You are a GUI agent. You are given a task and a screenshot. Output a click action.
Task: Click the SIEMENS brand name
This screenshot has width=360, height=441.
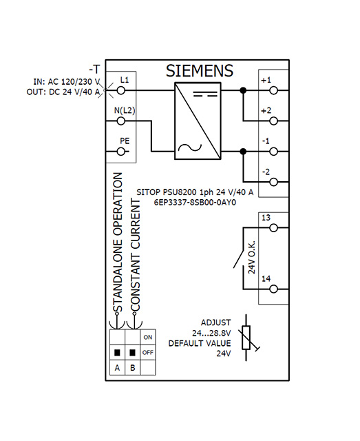199,70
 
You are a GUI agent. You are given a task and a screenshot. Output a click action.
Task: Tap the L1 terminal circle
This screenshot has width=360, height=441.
121,90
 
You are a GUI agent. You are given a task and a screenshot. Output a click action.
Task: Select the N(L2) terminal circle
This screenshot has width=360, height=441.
121,121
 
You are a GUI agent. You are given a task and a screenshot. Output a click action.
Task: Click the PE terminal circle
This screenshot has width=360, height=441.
121,152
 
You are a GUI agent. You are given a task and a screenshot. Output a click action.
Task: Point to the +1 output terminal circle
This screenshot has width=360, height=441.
273,90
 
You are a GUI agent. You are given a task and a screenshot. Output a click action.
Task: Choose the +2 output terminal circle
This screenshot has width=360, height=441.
273,121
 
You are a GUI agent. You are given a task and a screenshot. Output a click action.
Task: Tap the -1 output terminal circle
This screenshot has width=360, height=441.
273,152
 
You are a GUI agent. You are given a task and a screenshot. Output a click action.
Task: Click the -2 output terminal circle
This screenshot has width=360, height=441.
273,182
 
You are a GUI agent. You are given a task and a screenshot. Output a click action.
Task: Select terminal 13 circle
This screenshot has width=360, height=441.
273,228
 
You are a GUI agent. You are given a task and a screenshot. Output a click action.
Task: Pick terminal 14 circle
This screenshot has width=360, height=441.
273,289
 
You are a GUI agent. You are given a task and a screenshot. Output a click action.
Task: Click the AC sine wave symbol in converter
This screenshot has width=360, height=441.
190,147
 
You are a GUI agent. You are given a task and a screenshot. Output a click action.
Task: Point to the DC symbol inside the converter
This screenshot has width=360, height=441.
205,94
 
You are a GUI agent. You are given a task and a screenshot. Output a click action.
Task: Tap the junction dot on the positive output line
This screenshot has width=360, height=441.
244,90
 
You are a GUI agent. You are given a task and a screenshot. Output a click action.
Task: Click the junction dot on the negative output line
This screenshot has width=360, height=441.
244,152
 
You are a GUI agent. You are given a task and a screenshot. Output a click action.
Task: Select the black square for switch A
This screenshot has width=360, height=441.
117,352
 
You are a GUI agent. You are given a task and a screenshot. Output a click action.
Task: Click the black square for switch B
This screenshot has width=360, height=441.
133,352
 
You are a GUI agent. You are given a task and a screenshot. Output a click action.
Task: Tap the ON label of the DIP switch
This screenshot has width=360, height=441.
148,337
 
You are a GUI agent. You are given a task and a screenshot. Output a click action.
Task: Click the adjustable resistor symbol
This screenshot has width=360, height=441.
246,338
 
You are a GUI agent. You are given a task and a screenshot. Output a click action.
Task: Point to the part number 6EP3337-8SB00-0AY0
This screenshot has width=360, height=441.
195,202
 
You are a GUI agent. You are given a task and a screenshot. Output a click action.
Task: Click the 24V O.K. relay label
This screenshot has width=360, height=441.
251,257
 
